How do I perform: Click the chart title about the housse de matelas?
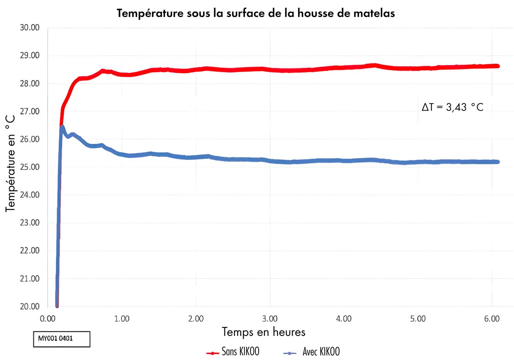point(256,13)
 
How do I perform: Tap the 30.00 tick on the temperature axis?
point(30,28)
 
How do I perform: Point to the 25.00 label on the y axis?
point(30,167)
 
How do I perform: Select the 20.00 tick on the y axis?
point(30,307)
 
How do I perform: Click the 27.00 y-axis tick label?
point(30,111)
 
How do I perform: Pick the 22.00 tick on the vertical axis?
point(30,251)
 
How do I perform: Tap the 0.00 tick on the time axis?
point(48,319)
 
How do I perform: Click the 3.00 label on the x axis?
point(270,319)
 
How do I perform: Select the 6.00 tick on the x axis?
point(492,319)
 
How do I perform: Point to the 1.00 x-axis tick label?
point(122,319)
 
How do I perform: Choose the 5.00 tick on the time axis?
point(418,319)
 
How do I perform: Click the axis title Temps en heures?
point(263,332)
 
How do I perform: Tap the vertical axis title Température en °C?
point(11,163)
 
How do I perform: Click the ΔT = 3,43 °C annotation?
point(452,107)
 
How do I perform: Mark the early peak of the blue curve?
point(63,127)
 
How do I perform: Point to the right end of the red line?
point(498,66)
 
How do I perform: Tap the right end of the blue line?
point(498,162)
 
